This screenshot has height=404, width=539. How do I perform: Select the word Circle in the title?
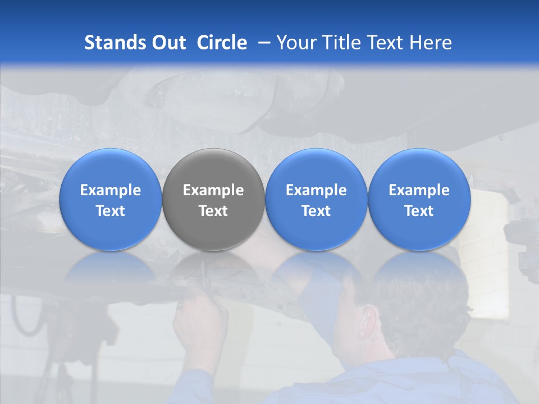pyautogui.click(x=222, y=43)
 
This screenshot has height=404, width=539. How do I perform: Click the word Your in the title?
pyautogui.click(x=295, y=43)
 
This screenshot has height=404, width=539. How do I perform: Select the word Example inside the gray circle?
pyautogui.click(x=213, y=190)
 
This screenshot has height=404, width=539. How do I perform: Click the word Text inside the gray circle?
pyautogui.click(x=213, y=211)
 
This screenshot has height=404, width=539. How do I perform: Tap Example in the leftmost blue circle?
pyautogui.click(x=111, y=190)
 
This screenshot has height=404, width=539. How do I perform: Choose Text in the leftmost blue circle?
pyautogui.click(x=111, y=211)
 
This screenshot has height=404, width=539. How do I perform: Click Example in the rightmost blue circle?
pyautogui.click(x=419, y=190)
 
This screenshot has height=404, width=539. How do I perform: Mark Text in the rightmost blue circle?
pyautogui.click(x=419, y=211)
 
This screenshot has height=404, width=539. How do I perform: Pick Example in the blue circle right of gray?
pyautogui.click(x=316, y=190)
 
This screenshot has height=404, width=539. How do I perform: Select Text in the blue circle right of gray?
pyautogui.click(x=316, y=211)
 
